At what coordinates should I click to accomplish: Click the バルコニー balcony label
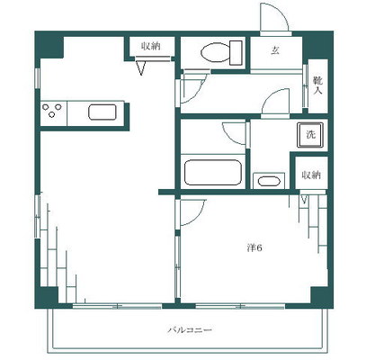pos(190,330)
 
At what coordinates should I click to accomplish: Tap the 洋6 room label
pos(254,248)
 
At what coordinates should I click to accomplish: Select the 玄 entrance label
pos(275,50)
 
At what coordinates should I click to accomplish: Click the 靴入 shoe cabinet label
pos(317,85)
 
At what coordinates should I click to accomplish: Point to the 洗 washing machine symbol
pos(310,135)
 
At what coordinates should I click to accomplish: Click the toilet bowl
pos(215,52)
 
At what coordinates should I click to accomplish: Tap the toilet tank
pos(236,53)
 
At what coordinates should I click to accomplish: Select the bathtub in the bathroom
pos(213,173)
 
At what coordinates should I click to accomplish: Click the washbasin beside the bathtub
pos(269,181)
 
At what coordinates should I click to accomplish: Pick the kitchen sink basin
pos(103,112)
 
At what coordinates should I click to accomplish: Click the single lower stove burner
pos(51,114)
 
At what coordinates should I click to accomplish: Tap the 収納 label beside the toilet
pos(151,46)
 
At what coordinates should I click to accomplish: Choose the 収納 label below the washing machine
pos(311,175)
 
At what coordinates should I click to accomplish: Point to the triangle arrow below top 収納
pos(141,67)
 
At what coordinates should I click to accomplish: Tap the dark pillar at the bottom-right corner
pos(321,297)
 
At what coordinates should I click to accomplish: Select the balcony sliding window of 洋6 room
pos(240,306)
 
